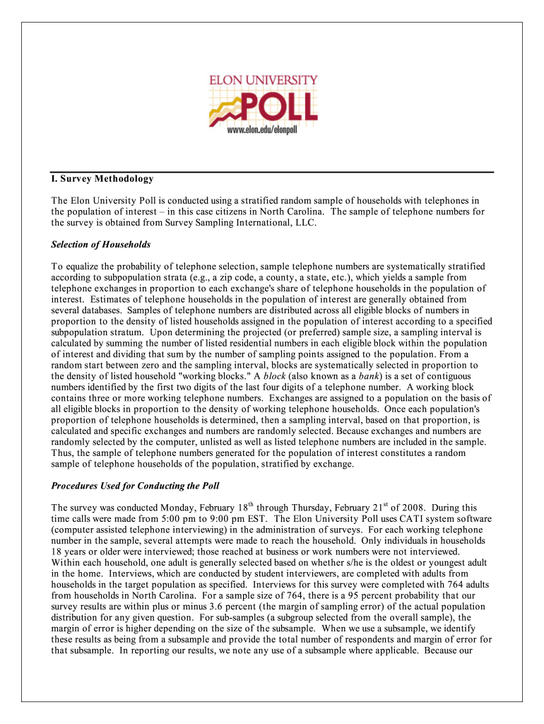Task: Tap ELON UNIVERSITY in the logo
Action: (x=263, y=81)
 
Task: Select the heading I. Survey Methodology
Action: (x=102, y=179)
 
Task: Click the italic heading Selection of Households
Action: (x=101, y=245)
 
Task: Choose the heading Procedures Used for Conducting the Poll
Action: (x=136, y=486)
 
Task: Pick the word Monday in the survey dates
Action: (x=165, y=508)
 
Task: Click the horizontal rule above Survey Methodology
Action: (x=272, y=171)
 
